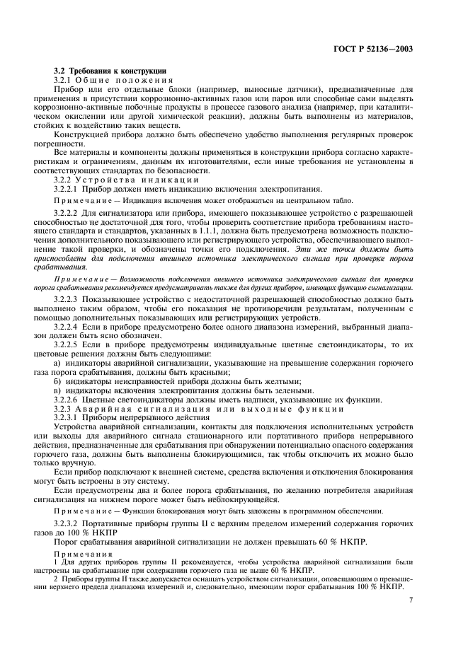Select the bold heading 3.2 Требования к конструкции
111,71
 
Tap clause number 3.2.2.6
70,400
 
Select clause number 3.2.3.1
70,418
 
